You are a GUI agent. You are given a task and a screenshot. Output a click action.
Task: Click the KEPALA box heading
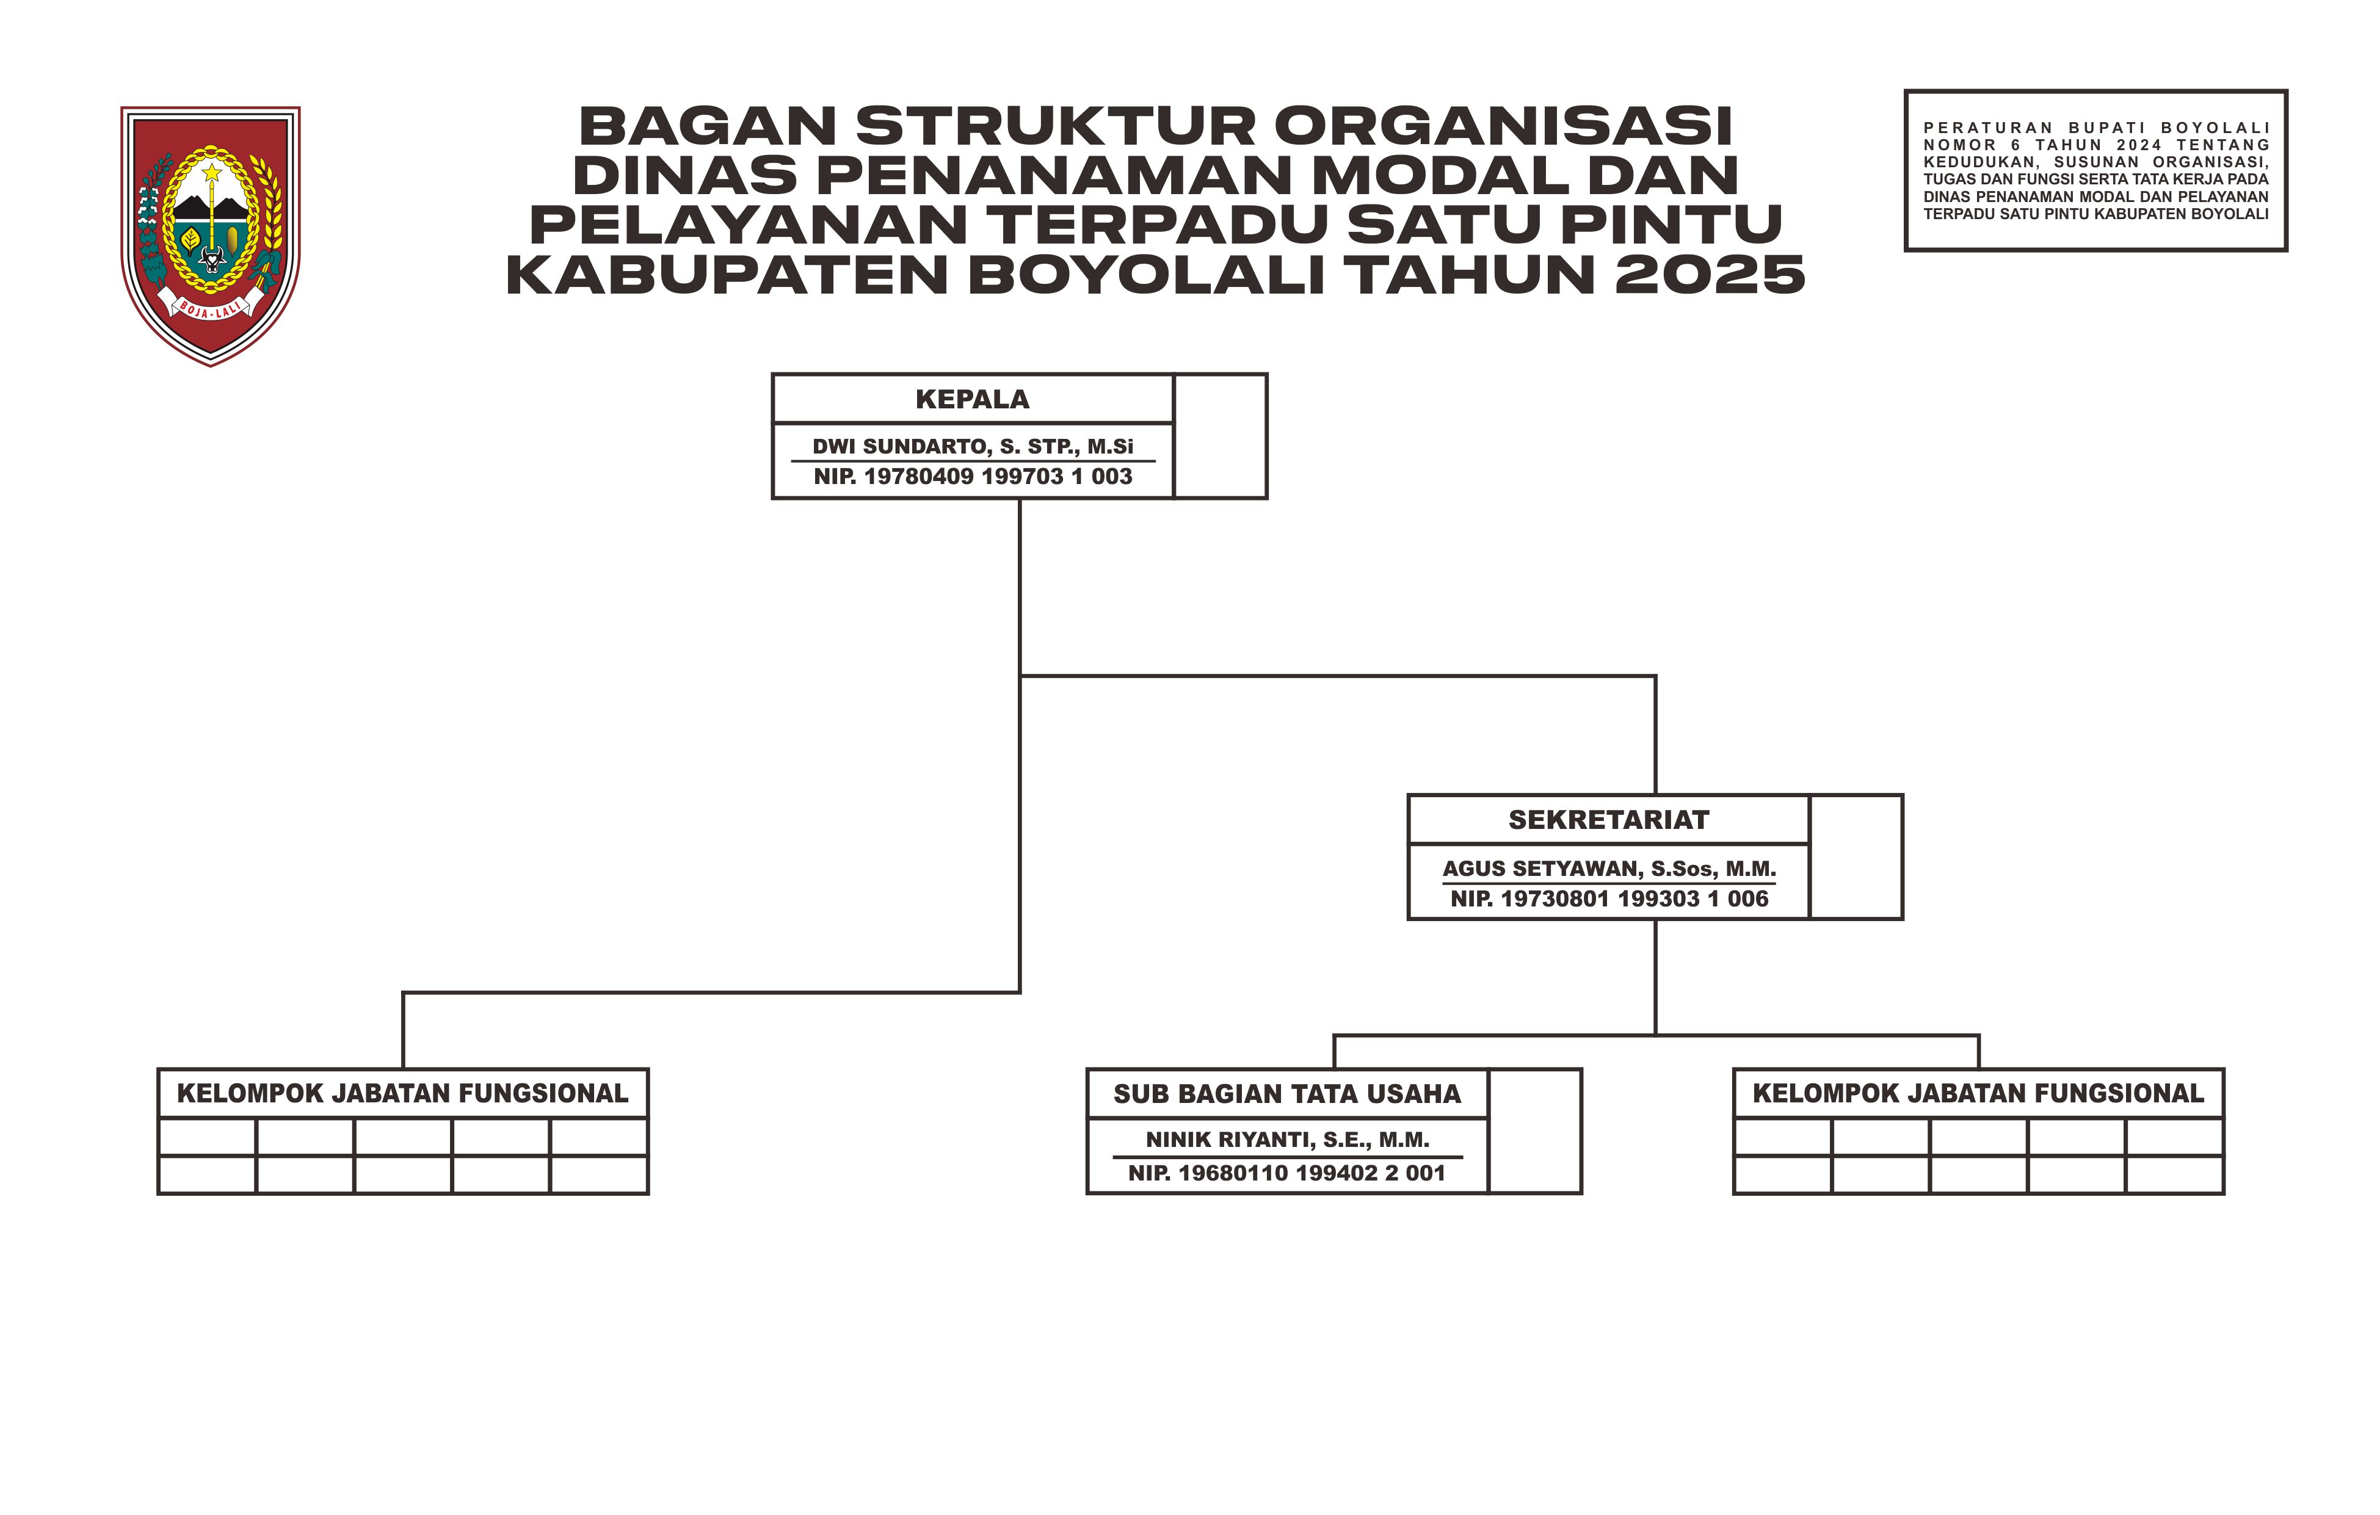[x=973, y=399]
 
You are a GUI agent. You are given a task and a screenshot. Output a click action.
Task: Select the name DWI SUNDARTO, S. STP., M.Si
[x=973, y=447]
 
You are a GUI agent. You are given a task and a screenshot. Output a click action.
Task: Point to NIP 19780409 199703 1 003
[x=973, y=476]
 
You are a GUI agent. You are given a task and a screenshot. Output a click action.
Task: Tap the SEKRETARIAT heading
[x=1609, y=820]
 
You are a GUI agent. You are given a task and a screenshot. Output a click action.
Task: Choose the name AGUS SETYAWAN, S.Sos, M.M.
[x=1609, y=869]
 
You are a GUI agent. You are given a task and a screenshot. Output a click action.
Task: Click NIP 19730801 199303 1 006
[x=1609, y=899]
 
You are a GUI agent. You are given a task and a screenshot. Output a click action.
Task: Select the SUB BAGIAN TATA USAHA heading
[x=1287, y=1094]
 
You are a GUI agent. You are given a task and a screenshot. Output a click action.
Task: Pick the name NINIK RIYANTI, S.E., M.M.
[x=1287, y=1140]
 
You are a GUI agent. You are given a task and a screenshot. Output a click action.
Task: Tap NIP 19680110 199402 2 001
[x=1287, y=1173]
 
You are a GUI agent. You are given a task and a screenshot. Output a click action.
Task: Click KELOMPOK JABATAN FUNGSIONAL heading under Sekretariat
[x=1979, y=1093]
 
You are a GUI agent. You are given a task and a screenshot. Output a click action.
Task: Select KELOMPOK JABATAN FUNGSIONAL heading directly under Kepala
[x=402, y=1093]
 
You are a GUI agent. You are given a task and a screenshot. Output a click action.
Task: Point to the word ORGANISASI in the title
[x=1503, y=126]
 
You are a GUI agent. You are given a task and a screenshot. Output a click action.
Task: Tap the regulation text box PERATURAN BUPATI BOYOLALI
[x=2095, y=170]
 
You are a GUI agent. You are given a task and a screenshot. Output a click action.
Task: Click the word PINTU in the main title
[x=1671, y=225]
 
